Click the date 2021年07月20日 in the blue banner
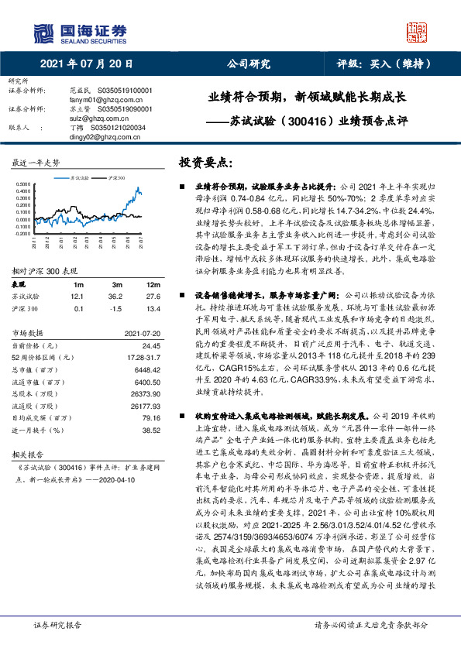86,63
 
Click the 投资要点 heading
205,163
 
